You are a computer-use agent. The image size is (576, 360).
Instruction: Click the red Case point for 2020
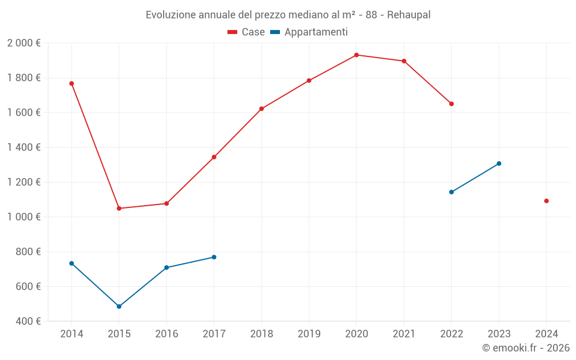(x=357, y=55)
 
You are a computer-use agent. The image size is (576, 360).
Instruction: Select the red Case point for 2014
(x=71, y=84)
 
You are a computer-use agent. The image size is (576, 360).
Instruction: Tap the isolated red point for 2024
(x=547, y=201)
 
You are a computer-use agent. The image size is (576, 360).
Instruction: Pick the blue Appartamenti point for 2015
(x=119, y=306)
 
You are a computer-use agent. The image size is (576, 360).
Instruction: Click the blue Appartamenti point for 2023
(x=499, y=164)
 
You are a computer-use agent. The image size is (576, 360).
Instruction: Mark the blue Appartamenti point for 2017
(x=214, y=257)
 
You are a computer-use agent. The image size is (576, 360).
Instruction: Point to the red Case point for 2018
(x=262, y=109)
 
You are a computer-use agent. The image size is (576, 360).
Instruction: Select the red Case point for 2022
(x=452, y=104)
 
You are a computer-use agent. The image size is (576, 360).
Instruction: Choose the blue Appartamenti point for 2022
(x=452, y=192)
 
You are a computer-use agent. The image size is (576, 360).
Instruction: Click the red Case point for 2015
(x=119, y=209)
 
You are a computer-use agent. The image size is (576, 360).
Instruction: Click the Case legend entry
(x=247, y=32)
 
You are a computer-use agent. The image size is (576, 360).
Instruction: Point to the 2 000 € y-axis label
(x=24, y=43)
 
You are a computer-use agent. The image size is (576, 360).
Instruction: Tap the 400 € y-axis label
(x=28, y=321)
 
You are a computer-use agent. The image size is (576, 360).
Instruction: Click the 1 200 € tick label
(x=24, y=182)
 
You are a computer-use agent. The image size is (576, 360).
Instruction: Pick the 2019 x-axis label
(x=309, y=334)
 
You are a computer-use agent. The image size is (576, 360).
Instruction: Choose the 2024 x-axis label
(x=547, y=334)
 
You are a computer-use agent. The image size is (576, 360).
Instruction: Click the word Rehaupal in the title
(x=408, y=15)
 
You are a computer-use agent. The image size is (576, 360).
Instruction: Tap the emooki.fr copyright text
(x=526, y=348)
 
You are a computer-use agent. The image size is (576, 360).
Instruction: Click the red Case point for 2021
(x=404, y=61)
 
